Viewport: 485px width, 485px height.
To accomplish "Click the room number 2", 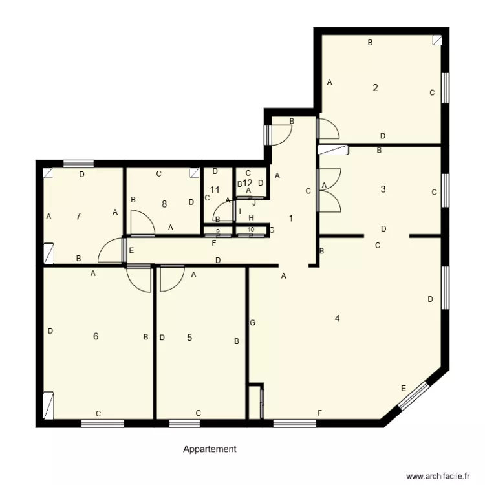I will coord(375,88).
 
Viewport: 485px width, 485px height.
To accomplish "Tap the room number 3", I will coord(383,189).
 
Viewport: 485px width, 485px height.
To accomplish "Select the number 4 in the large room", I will coord(337,318).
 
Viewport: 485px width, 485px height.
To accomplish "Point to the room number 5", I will coord(189,337).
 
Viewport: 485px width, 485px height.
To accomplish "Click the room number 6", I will coord(96,336).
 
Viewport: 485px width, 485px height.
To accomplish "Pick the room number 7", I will coord(78,216).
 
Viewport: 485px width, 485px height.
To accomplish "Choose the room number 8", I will coord(164,204).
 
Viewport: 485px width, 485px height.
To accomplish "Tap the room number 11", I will coord(215,190).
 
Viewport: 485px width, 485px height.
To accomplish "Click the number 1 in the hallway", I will coord(291,219).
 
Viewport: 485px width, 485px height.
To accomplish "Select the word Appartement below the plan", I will coord(210,449).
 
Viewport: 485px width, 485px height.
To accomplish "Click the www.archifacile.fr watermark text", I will coord(437,475).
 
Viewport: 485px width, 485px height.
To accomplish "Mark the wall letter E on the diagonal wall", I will coord(404,388).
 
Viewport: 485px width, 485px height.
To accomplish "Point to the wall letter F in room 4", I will coord(319,413).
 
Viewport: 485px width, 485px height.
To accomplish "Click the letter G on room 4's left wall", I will coord(252,322).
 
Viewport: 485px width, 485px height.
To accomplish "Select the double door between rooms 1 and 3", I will coord(318,190).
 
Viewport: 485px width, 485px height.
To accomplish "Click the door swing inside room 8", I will coord(142,224).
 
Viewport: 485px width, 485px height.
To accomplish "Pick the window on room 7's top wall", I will coord(78,163).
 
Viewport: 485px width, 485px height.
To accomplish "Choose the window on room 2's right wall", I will coord(445,87).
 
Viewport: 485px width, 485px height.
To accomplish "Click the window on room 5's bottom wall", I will coord(184,424).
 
